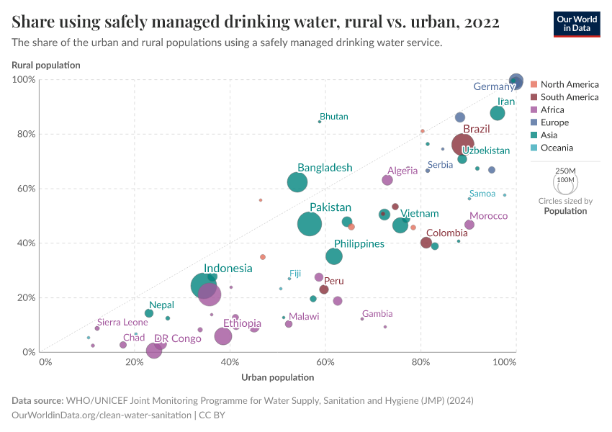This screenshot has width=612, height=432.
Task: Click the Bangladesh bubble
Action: pos(297,182)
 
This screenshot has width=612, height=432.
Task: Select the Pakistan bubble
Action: pos(310,224)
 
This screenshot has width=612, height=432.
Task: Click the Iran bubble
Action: pos(498,113)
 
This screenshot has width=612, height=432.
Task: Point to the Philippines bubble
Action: pos(334,256)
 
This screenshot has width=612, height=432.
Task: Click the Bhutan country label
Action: pos(334,117)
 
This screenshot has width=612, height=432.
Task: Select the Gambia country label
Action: pos(377,314)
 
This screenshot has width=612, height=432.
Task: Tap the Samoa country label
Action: pos(482,194)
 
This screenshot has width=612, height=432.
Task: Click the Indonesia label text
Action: pos(228,269)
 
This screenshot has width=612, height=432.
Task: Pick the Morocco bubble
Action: pos(469,225)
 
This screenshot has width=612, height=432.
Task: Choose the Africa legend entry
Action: pos(552,110)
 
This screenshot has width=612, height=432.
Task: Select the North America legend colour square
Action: pos(534,84)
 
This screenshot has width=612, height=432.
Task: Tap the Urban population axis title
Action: pos(277,377)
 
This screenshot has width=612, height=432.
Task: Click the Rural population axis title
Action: pos(46,66)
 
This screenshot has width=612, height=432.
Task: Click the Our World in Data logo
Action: pos(576,24)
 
